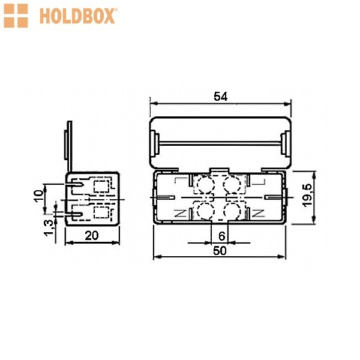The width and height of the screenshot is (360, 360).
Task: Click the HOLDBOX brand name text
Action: tap(77, 16)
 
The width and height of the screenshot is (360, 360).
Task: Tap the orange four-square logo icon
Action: tap(16, 16)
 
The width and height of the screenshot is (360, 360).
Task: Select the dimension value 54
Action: tap(220, 96)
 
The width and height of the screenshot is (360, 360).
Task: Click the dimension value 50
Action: tap(220, 250)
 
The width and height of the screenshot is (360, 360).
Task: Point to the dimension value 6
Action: tap(221, 236)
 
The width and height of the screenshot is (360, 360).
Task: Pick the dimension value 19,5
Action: tap(308, 196)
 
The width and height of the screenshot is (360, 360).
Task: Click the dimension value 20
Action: tap(92, 235)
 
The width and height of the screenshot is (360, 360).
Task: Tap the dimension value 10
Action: tap(38, 196)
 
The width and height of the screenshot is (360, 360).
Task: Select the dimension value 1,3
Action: tap(49, 228)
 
